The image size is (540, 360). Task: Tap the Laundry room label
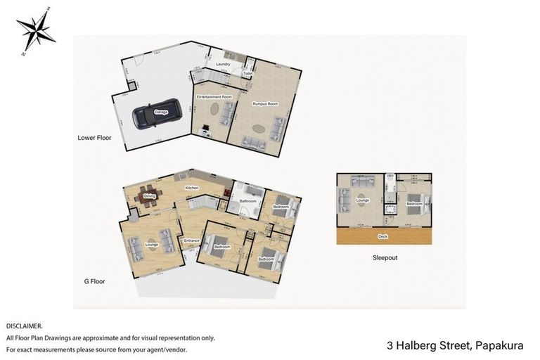(224, 64)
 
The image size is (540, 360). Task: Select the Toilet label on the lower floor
(248, 73)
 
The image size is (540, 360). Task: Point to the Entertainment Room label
(214, 96)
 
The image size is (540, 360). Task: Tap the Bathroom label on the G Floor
(247, 202)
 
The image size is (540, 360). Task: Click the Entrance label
(192, 241)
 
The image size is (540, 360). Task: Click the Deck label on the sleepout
(382, 237)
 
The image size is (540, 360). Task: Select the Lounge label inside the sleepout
(363, 200)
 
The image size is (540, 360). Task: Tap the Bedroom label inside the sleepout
(414, 204)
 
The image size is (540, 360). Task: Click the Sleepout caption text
(385, 258)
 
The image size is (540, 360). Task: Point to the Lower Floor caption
(92, 138)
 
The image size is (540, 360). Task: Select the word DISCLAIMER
(24, 326)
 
